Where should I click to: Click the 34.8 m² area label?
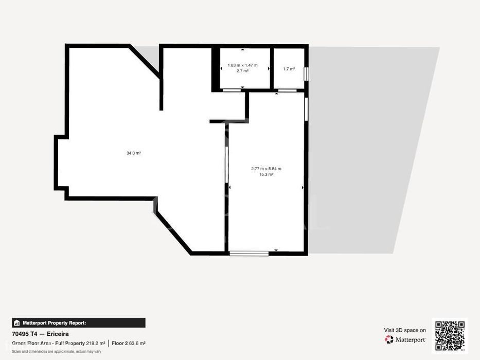[133, 153]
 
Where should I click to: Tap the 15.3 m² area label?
[266, 174]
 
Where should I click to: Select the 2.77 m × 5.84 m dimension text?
[266, 169]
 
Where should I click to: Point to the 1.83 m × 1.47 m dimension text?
[242, 65]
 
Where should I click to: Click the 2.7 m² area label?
[242, 71]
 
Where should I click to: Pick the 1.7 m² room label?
[289, 69]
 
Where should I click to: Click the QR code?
[450, 335]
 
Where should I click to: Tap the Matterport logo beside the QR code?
[405, 339]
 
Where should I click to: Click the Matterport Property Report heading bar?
[79, 322]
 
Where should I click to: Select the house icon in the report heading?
[17, 323]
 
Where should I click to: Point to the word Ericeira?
[58, 334]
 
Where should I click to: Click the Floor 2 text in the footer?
[119, 344]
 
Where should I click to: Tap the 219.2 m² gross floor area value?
[96, 344]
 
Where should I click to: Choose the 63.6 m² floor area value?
[137, 344]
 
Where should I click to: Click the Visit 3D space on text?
[405, 330]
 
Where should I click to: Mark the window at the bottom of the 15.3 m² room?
[249, 254]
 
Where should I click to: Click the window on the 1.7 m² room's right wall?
[306, 74]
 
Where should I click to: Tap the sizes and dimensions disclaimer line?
[57, 352]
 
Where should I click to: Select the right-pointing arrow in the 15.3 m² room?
[303, 187]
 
